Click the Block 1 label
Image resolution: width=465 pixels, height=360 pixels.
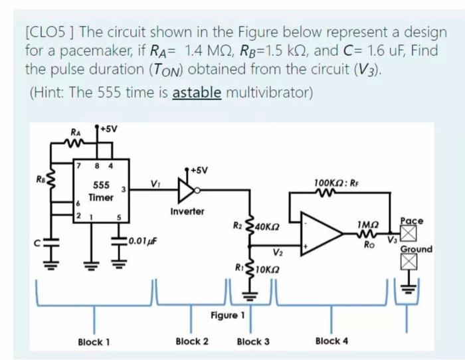pyautogui.click(x=94, y=342)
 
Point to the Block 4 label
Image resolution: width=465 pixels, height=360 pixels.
pyautogui.click(x=331, y=341)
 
